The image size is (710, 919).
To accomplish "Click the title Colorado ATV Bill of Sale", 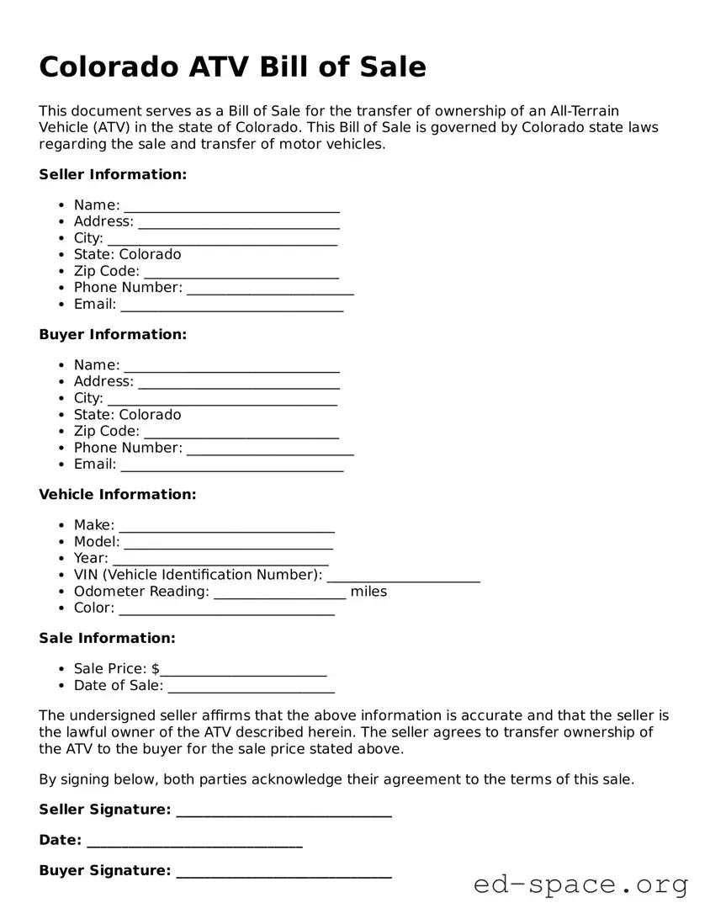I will coord(232,66).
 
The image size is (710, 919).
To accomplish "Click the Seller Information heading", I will coord(113,174).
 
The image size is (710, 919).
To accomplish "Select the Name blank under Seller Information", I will coord(231,206).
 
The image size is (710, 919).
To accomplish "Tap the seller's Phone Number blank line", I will coord(270,289).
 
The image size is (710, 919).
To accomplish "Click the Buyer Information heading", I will coord(113,334).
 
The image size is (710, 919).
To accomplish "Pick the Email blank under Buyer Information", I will coord(231,465).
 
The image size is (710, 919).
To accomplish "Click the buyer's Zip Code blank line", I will coord(241,433).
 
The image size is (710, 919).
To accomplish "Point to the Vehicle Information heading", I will coord(117,494).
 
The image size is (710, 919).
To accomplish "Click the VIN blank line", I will coord(403,576).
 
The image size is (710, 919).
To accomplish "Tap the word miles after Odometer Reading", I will coord(368,592).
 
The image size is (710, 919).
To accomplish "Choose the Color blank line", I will coord(226,609).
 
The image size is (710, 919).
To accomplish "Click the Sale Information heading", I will coord(107,638).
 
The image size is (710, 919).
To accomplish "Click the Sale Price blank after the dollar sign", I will coord(243,670).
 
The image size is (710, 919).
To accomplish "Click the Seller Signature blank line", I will coord(283,811).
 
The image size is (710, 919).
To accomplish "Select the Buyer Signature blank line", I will coord(283,872).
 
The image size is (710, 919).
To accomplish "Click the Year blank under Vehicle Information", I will coord(220,560).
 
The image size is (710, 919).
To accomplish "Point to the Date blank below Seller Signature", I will coord(194,842).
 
